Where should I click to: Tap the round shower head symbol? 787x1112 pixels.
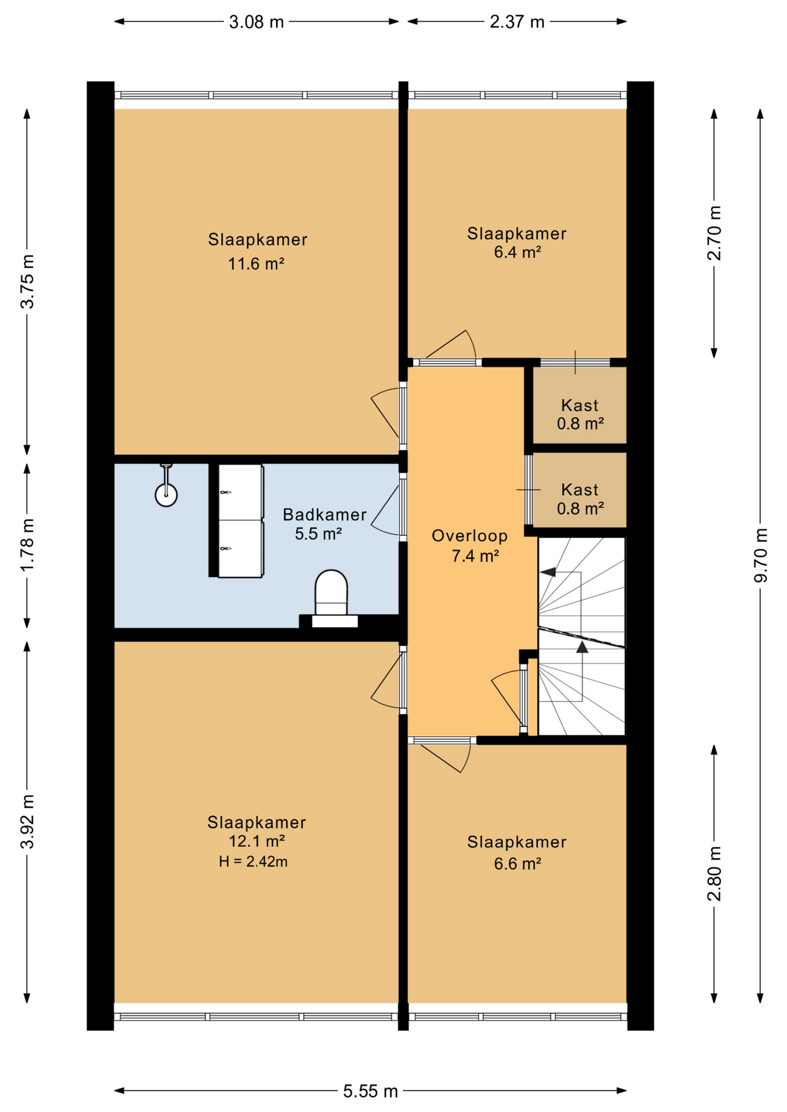(166, 495)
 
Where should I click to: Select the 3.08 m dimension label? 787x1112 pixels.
(257, 22)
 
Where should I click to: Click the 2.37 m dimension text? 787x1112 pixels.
(517, 22)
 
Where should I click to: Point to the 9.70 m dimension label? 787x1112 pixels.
(761, 555)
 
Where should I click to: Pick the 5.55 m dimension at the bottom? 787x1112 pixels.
(370, 1091)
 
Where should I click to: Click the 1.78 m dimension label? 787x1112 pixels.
(27, 544)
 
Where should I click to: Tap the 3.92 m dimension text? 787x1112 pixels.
(27, 821)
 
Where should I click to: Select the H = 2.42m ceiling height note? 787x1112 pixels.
(253, 862)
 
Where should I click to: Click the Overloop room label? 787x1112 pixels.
(470, 536)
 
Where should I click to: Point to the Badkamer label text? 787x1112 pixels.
(325, 514)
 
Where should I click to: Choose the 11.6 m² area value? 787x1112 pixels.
(256, 264)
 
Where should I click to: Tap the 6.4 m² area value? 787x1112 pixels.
(518, 252)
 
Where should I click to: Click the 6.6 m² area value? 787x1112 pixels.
(518, 864)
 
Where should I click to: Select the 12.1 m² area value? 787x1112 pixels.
(257, 841)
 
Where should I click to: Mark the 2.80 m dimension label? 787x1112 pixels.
(715, 873)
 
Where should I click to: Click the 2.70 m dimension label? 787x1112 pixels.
(715, 233)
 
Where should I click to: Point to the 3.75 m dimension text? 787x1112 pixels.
(27, 281)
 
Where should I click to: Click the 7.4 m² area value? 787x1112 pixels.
(476, 556)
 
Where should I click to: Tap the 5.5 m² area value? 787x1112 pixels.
(318, 534)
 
